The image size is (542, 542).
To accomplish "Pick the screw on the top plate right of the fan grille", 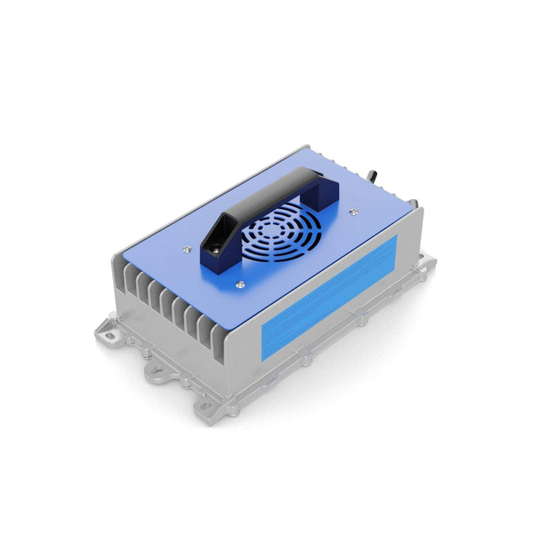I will tap(354, 209).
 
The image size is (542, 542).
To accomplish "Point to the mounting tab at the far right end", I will tap(424, 259).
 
